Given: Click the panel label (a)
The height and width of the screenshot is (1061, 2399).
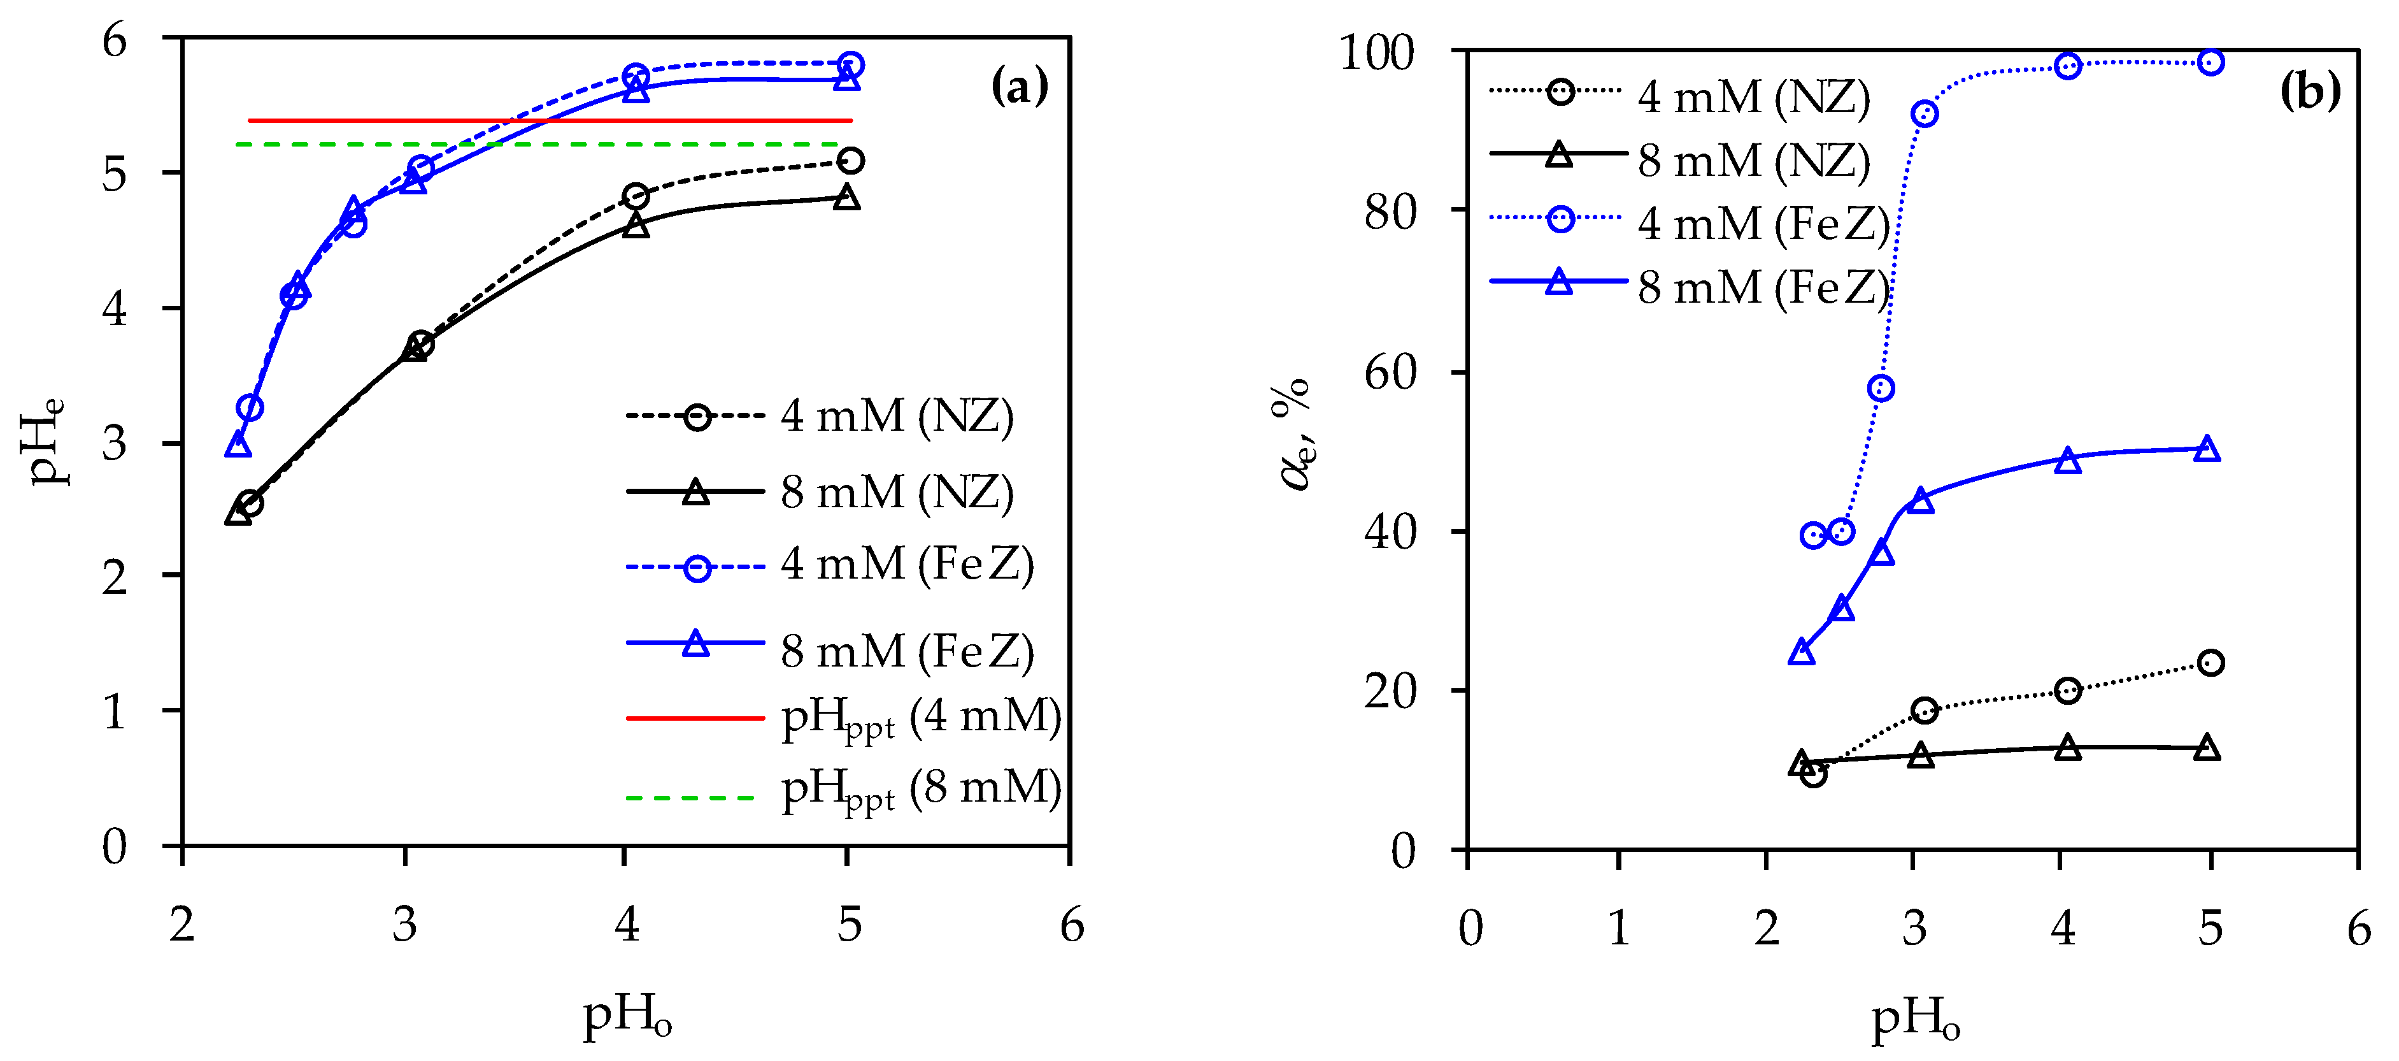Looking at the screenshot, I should pyautogui.click(x=1019, y=87).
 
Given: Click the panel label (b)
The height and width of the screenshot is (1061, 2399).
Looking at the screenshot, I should pyautogui.click(x=2310, y=90).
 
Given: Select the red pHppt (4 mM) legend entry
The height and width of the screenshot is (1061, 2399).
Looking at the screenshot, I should pyautogui.click(x=843, y=718).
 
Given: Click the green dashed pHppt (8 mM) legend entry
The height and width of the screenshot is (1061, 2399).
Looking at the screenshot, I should pyautogui.click(x=843, y=791).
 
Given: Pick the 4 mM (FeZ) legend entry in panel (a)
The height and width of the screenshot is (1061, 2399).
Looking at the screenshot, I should pyautogui.click(x=829, y=565).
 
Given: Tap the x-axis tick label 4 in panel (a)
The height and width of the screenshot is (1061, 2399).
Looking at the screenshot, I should pyautogui.click(x=627, y=925).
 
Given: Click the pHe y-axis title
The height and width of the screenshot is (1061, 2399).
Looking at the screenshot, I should pyautogui.click(x=43, y=442).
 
